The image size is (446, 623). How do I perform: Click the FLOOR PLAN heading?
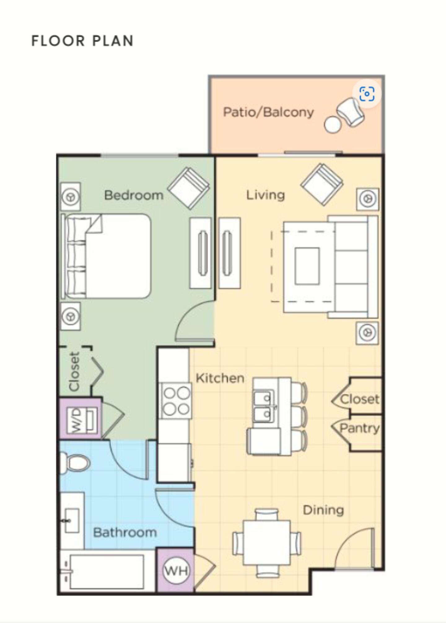(x=82, y=41)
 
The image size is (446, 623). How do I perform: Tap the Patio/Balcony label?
(x=269, y=112)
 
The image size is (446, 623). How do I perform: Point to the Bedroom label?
(x=134, y=195)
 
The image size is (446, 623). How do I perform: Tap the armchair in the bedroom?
(x=188, y=188)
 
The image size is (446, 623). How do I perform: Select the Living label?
(x=265, y=195)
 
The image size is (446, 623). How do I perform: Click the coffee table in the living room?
(x=307, y=266)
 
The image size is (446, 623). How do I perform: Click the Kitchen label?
(x=220, y=378)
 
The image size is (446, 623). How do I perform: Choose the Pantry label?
(x=360, y=428)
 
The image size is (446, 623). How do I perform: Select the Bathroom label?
(x=125, y=532)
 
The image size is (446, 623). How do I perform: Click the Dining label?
(x=323, y=510)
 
